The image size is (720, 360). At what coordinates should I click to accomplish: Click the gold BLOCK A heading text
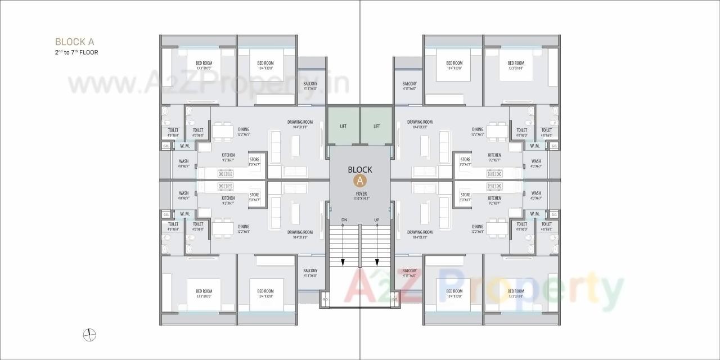pyautogui.click(x=74, y=42)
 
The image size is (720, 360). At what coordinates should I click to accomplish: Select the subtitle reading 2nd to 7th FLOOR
pyautogui.click(x=76, y=52)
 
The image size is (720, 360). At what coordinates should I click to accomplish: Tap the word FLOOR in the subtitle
pyautogui.click(x=89, y=52)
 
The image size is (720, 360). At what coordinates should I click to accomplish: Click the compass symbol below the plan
pyautogui.click(x=89, y=335)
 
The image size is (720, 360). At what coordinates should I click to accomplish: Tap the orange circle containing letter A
pyautogui.click(x=360, y=181)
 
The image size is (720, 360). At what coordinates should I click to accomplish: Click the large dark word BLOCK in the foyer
pyautogui.click(x=360, y=169)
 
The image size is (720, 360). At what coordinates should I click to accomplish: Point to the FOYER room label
pyautogui.click(x=361, y=194)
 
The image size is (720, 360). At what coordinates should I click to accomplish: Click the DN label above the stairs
pyautogui.click(x=344, y=219)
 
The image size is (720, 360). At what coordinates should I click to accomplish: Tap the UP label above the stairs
pyautogui.click(x=376, y=219)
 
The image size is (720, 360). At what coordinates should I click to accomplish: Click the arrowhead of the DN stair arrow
pyautogui.click(x=343, y=263)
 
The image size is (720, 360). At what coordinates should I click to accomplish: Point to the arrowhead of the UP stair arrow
pyautogui.click(x=377, y=263)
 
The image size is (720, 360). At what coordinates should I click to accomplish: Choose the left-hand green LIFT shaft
pyautogui.click(x=343, y=126)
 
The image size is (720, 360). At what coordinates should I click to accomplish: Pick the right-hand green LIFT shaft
pyautogui.click(x=376, y=126)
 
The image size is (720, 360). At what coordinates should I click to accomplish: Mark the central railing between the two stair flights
pyautogui.click(x=360, y=245)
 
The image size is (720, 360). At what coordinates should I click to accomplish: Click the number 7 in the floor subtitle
pyautogui.click(x=73, y=52)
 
